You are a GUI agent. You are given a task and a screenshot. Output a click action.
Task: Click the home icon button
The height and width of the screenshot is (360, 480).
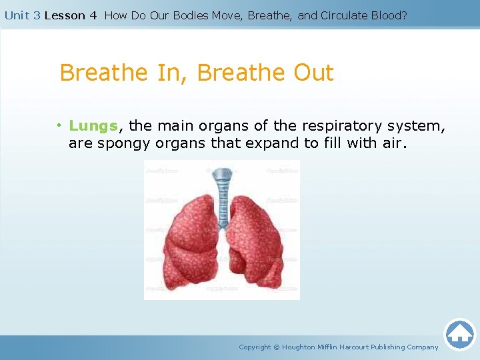point(459,334)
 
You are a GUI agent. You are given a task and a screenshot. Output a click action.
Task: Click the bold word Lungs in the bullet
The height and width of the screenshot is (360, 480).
point(93,126)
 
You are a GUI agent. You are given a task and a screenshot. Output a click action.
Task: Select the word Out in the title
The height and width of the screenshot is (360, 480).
point(311,73)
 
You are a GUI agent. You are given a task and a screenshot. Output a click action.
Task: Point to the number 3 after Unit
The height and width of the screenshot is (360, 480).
point(37,15)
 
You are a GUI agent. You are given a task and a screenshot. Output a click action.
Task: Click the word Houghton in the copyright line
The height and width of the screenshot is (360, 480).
point(301,347)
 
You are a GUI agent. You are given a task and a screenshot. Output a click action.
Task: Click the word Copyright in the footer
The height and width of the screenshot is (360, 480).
point(255,347)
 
